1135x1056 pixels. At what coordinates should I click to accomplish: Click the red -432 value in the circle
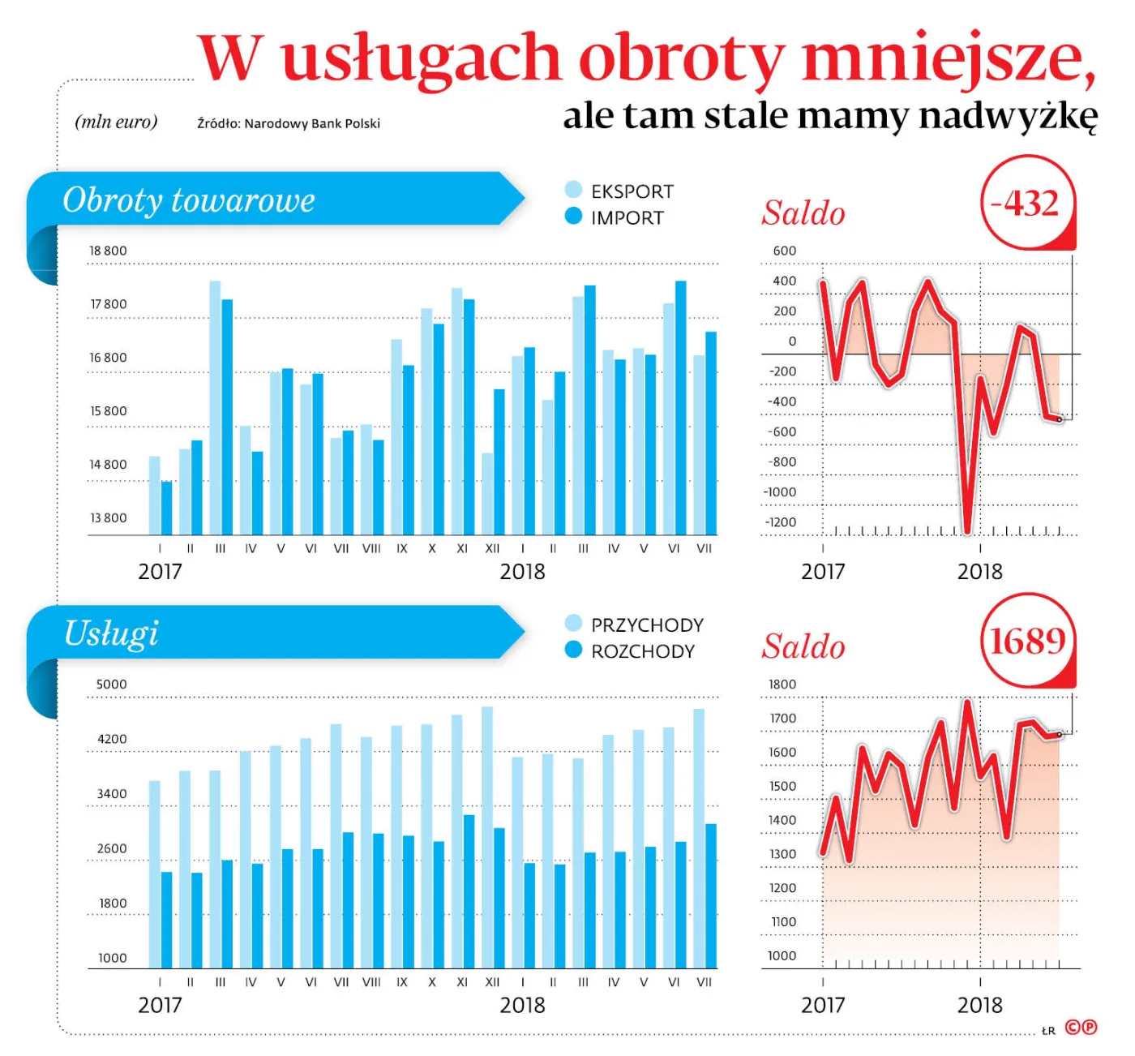pyautogui.click(x=1026, y=203)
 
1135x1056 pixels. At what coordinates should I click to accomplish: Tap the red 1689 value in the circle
pyautogui.click(x=1027, y=641)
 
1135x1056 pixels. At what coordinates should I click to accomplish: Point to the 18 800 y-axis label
pyautogui.click(x=108, y=251)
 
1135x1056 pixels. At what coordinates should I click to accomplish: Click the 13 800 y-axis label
pyautogui.click(x=108, y=517)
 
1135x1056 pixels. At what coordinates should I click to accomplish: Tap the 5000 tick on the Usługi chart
pyautogui.click(x=111, y=684)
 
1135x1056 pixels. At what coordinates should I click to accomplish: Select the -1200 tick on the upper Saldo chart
pyautogui.click(x=780, y=522)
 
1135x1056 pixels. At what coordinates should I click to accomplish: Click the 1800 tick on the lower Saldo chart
pyautogui.click(x=782, y=684)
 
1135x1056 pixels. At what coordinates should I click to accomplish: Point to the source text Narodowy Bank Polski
pyautogui.click(x=312, y=123)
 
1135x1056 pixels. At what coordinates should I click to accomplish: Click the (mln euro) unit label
pyautogui.click(x=116, y=122)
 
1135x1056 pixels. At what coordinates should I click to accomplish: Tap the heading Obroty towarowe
pyautogui.click(x=188, y=200)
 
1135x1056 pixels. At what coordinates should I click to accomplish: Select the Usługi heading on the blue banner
pyautogui.click(x=110, y=633)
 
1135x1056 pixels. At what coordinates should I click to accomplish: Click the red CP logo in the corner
pyautogui.click(x=1081, y=1028)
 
